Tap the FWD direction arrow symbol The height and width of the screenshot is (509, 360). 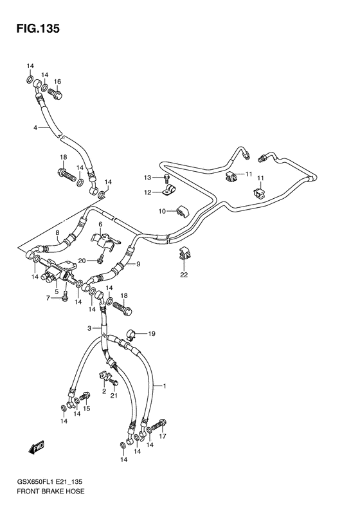click(35, 449)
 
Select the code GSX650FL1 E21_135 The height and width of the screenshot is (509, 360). click(52, 481)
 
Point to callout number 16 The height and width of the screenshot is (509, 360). click(57, 82)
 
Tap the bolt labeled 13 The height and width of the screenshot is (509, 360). click(166, 178)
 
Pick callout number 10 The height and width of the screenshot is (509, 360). click(163, 211)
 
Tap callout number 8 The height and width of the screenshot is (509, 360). click(57, 234)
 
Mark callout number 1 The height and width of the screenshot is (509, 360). click(165, 386)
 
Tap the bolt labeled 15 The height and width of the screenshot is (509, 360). click(84, 398)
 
